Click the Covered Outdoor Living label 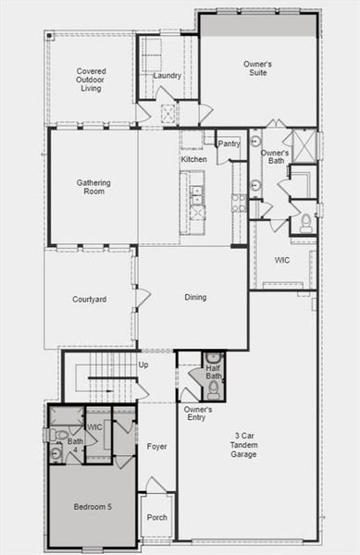point(92,79)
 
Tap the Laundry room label point(168,75)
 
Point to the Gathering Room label point(93,187)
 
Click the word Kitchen point(193,159)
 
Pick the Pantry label point(230,143)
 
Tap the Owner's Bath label point(275,157)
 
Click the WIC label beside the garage point(282,260)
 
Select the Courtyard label point(90,299)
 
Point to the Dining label point(194,297)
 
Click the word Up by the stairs point(143,364)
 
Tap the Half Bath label point(213,372)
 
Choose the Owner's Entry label point(198,413)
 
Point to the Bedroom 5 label point(93,507)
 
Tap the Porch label point(156,517)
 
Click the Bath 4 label point(74,445)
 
